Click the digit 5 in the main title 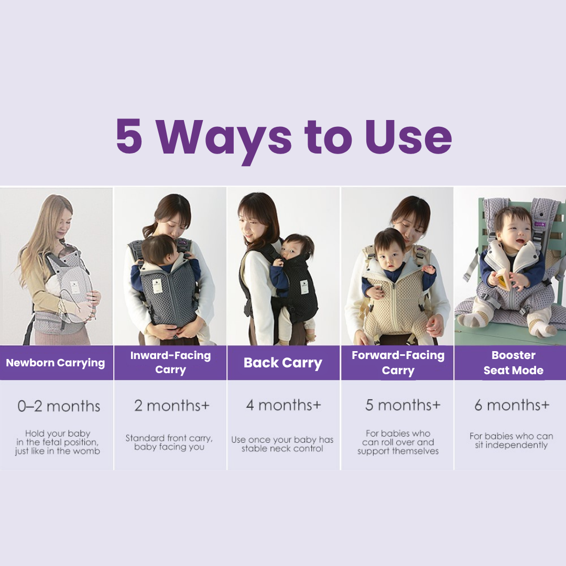point(129,136)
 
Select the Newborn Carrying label point(56,363)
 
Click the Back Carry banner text point(283,363)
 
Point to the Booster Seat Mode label point(513,363)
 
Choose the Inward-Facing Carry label point(170,363)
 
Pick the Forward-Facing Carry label point(398,363)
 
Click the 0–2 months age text point(59,406)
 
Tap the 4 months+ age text point(284,405)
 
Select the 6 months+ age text point(512,405)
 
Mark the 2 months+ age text point(172,405)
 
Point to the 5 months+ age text point(403,405)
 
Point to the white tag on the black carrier point(304,287)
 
